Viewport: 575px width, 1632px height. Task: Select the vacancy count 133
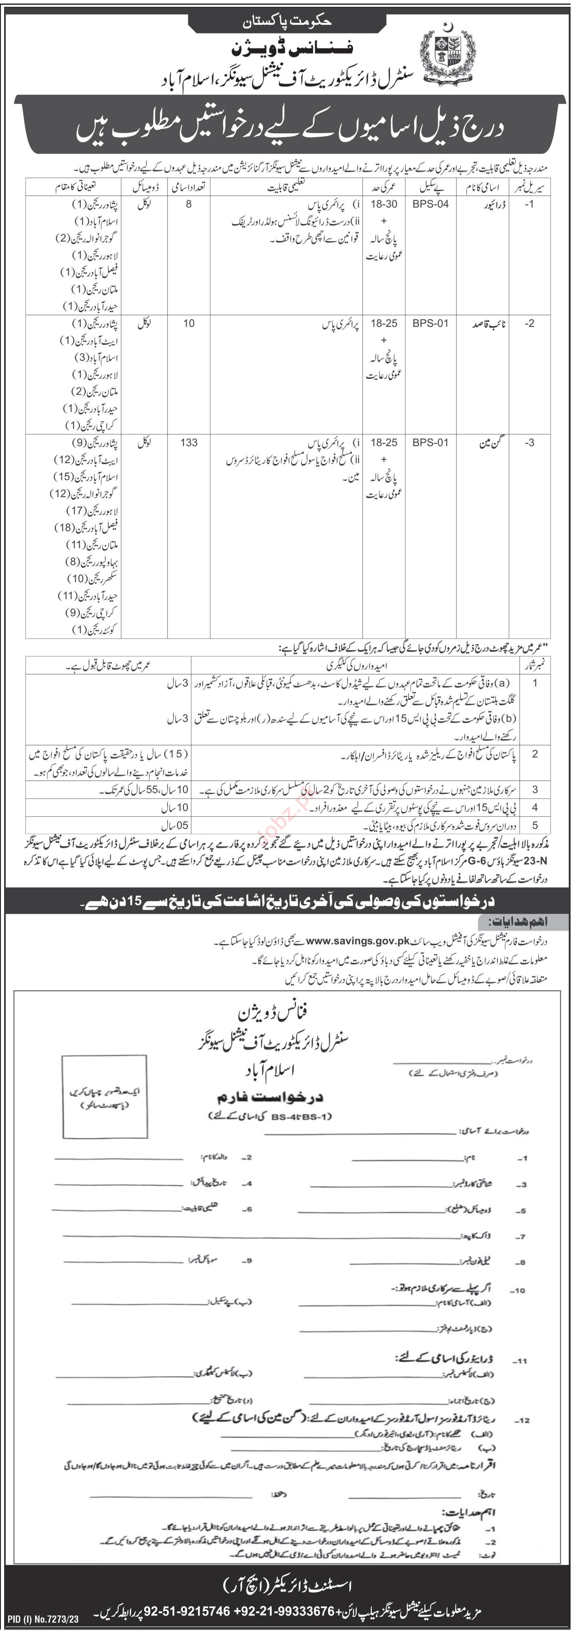[x=189, y=442]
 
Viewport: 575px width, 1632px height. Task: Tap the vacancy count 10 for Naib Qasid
[x=189, y=323]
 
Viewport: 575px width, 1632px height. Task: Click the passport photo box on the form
[x=105, y=1096]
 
